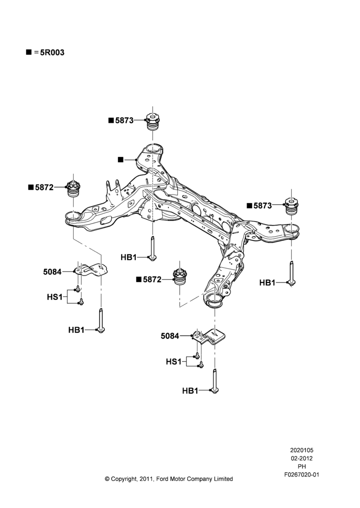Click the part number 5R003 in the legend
[52, 52]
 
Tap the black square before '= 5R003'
[29, 52]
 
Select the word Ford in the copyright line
[162, 479]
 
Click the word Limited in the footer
[223, 479]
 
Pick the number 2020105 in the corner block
[302, 450]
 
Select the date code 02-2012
[302, 458]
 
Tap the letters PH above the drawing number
[302, 466]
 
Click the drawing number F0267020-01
[302, 474]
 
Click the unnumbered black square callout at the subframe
[121, 160]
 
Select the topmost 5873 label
[124, 120]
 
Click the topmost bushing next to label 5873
[153, 121]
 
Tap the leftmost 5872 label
[44, 187]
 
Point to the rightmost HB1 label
[267, 283]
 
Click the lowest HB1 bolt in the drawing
[215, 381]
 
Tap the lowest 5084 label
[170, 336]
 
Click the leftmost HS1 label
[55, 297]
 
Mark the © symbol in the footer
[107, 479]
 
